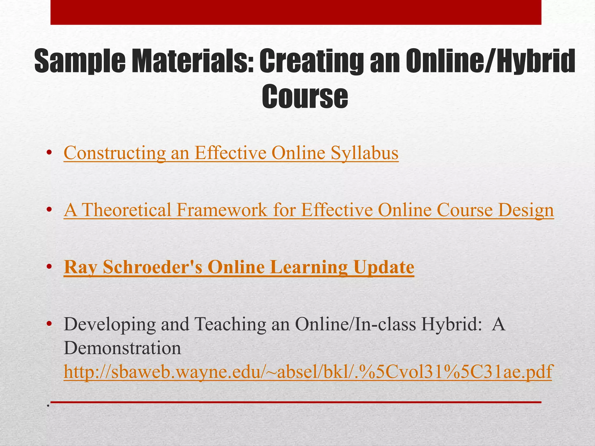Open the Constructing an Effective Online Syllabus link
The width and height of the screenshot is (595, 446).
231,153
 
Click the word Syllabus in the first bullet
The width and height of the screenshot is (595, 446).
365,153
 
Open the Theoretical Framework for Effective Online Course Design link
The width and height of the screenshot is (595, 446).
309,210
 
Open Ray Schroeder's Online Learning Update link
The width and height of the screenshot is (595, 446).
239,267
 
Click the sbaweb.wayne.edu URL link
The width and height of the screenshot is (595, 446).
307,372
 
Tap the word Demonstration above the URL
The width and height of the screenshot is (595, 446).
122,348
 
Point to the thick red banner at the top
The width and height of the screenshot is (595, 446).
296,12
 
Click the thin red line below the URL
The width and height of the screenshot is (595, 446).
296,402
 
